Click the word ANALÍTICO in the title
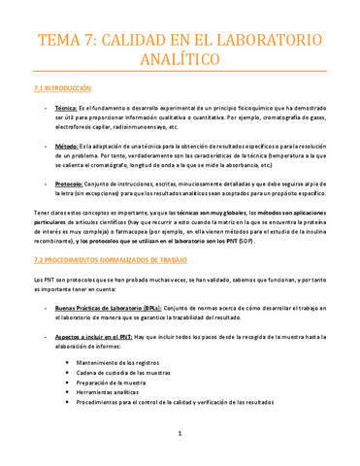click(x=180, y=61)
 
